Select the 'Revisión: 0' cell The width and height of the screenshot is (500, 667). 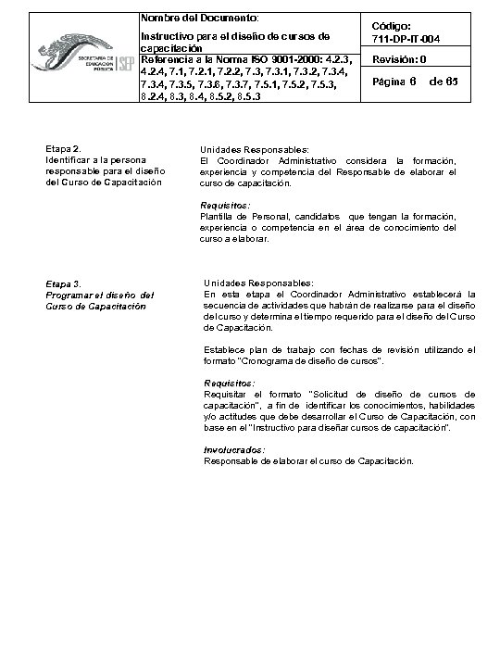(399, 60)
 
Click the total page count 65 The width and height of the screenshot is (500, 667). (452, 82)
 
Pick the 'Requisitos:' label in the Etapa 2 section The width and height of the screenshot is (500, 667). (225, 205)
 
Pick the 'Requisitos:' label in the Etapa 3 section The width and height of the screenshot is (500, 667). (229, 383)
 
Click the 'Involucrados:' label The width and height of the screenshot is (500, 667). (232, 449)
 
